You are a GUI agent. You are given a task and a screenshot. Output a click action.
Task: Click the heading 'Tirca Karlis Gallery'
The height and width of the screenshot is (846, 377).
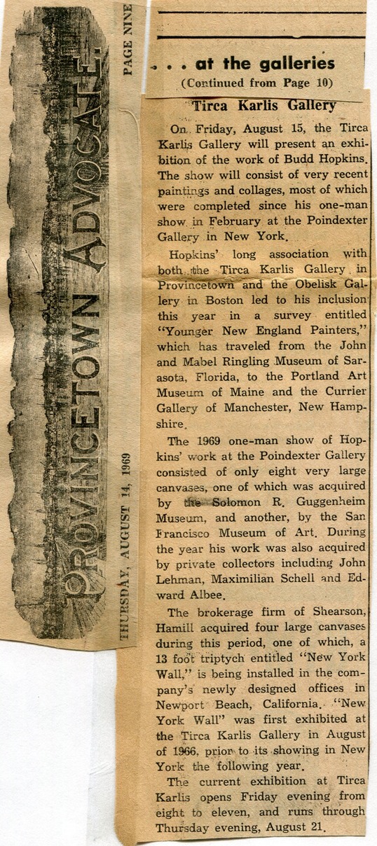pyautogui.click(x=264, y=106)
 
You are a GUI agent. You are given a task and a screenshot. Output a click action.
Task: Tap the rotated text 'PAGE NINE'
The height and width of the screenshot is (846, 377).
pyautogui.click(x=128, y=39)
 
